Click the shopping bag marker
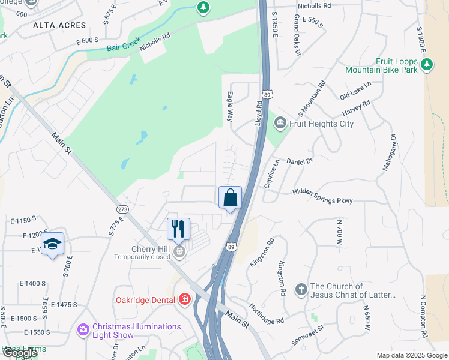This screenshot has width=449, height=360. (x=230, y=197)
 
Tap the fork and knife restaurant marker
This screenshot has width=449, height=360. (x=178, y=229)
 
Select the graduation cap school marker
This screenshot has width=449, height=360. (x=53, y=244)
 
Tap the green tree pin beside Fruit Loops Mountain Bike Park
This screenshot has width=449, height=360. (x=427, y=65)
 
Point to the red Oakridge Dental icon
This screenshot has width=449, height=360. (x=185, y=299)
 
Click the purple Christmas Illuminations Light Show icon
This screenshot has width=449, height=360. (x=83, y=330)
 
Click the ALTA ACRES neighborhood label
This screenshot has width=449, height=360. (x=59, y=25)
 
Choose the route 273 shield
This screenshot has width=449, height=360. (x=123, y=209)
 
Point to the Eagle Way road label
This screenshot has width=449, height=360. (x=229, y=107)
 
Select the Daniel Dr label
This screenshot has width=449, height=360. (x=300, y=161)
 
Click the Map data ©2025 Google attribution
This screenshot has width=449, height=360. (x=412, y=355)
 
